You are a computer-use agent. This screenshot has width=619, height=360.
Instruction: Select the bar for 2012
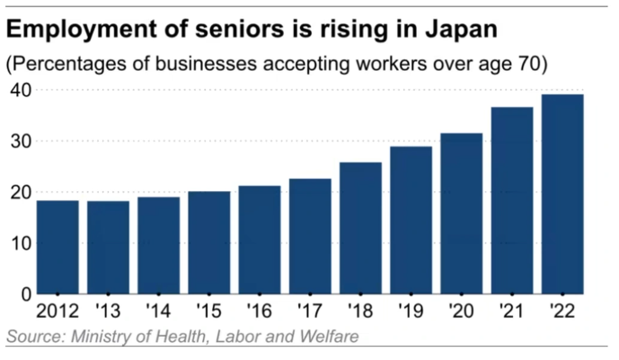coord(57,247)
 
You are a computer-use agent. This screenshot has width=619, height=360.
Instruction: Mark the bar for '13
coord(108,247)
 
